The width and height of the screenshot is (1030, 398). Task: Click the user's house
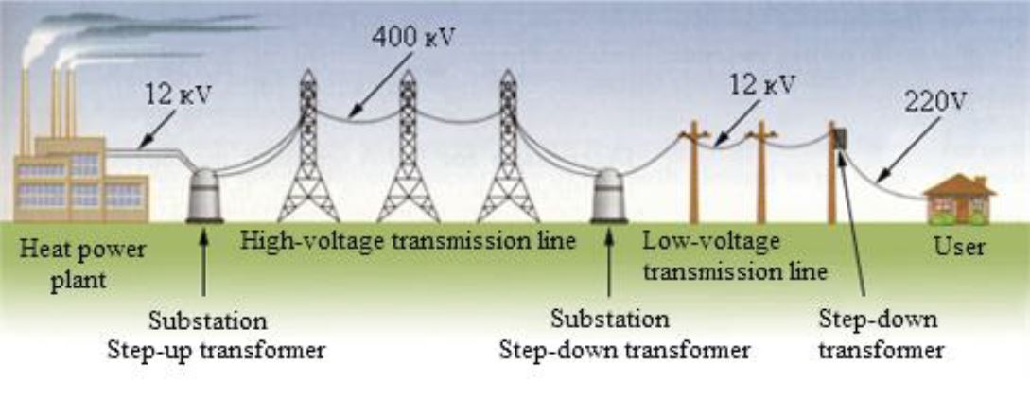(958, 198)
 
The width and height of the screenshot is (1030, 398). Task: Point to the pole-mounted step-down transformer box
(839, 139)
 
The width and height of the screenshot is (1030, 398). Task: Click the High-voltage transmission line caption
(408, 240)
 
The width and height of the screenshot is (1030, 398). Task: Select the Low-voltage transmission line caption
(734, 256)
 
